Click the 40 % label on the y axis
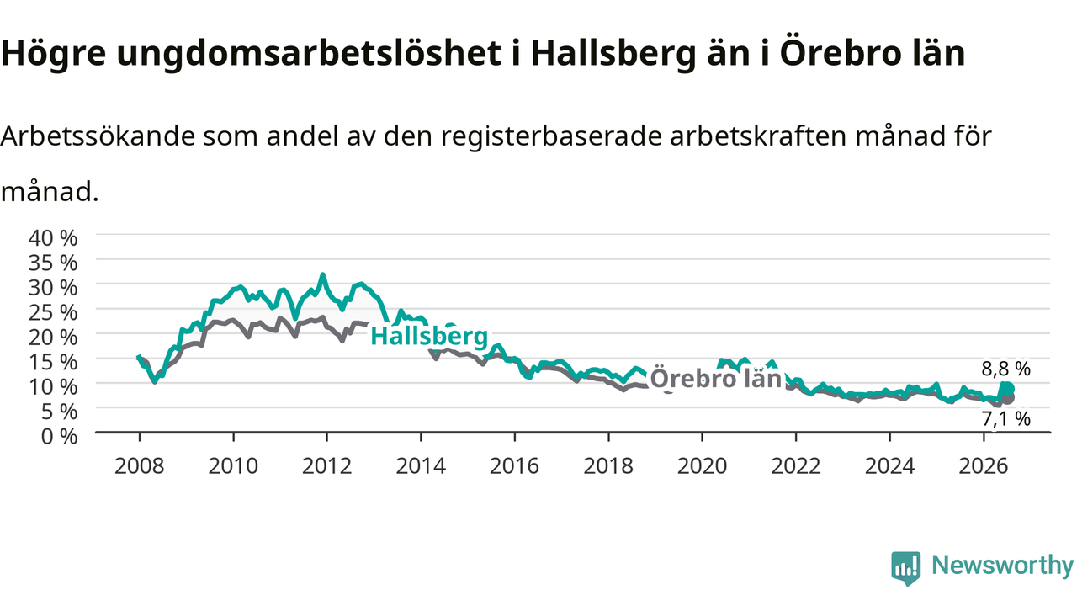(53, 237)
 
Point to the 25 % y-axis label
(53, 312)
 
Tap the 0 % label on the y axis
(59, 437)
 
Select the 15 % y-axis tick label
(53, 362)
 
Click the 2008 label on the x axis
(140, 466)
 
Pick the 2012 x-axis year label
(327, 466)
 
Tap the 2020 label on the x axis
(702, 466)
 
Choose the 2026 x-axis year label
(984, 466)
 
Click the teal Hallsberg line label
(429, 336)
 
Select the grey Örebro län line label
(716, 379)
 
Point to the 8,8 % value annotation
(1005, 369)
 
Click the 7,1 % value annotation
(1005, 419)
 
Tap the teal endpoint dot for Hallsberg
(1008, 389)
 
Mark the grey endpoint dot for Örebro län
(1009, 398)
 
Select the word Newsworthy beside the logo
(1002, 565)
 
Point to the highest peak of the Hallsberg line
(322, 274)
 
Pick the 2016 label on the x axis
(514, 466)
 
